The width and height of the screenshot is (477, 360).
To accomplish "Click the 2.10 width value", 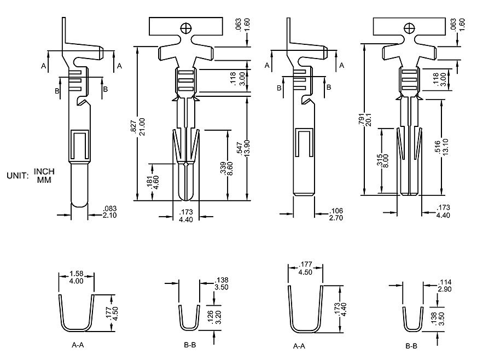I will pyautogui.click(x=109, y=215).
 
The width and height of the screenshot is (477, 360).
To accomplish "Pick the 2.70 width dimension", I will pyautogui.click(x=336, y=218).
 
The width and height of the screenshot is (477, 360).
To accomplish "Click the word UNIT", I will pyautogui.click(x=17, y=176).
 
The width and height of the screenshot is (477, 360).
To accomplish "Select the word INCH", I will pyautogui.click(x=44, y=172).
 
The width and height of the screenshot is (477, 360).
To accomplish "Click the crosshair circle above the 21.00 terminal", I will pyautogui.click(x=187, y=26).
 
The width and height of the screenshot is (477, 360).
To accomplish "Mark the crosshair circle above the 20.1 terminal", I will pyautogui.click(x=409, y=27).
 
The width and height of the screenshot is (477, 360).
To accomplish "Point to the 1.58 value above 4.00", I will pyautogui.click(x=77, y=274).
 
